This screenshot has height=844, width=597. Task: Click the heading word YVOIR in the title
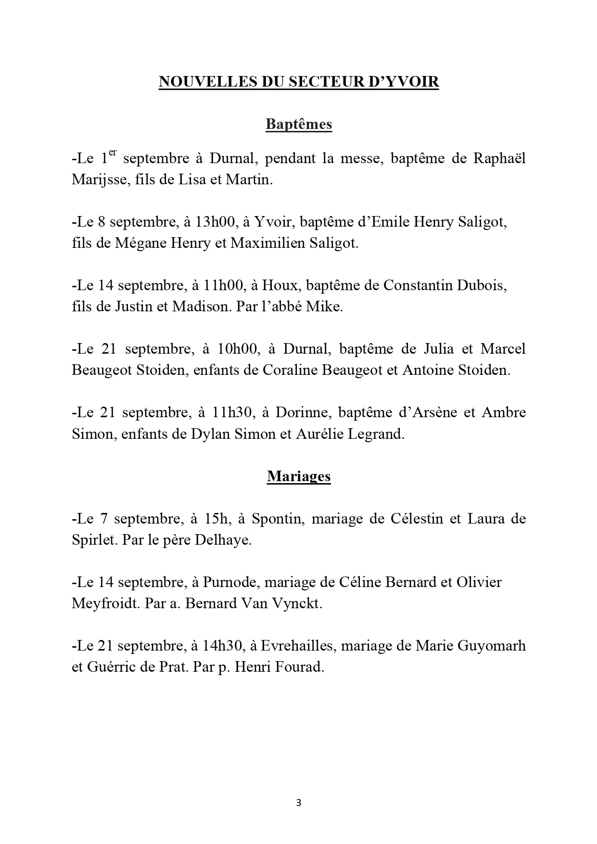point(415,82)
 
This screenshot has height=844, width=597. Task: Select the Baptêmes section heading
point(299,125)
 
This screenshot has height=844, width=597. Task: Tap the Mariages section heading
point(299,476)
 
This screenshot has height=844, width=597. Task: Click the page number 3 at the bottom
point(299,803)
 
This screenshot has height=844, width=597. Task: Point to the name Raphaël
point(499,159)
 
